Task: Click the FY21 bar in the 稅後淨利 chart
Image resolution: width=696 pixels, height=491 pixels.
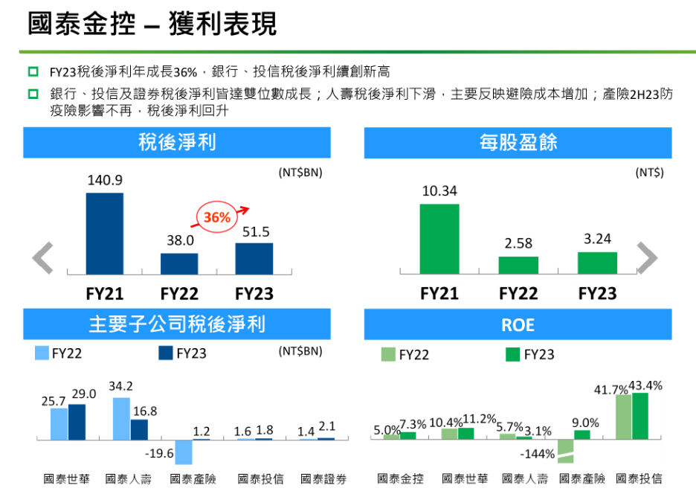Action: [x=105, y=234]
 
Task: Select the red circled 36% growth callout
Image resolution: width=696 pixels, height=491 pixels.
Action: [x=216, y=217]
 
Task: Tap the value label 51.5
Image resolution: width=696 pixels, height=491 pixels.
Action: [x=256, y=232]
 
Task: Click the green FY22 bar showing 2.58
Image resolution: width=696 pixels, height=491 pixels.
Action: [x=518, y=266]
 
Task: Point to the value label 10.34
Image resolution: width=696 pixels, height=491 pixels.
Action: [x=439, y=191]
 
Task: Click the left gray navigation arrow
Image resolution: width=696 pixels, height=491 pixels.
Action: [x=43, y=258]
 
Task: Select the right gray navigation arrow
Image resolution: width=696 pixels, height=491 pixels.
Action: [x=647, y=258]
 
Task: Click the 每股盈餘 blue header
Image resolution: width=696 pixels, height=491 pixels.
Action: [x=518, y=142]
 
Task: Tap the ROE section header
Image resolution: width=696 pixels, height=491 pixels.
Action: [x=518, y=325]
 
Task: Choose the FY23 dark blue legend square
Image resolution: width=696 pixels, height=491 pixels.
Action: [x=166, y=353]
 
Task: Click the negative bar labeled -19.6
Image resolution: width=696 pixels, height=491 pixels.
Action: [x=183, y=452]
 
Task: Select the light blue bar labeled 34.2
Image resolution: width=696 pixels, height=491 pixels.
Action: [x=121, y=418]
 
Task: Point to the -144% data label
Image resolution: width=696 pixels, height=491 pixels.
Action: [x=538, y=454]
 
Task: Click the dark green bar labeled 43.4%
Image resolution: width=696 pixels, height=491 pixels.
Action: [x=639, y=416]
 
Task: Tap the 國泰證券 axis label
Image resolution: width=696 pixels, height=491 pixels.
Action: [x=323, y=479]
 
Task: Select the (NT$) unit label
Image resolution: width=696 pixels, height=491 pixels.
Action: [x=649, y=173]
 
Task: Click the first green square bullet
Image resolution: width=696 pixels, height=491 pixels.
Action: [x=33, y=72]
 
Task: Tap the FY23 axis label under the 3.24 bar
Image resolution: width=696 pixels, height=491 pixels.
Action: [x=596, y=293]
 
